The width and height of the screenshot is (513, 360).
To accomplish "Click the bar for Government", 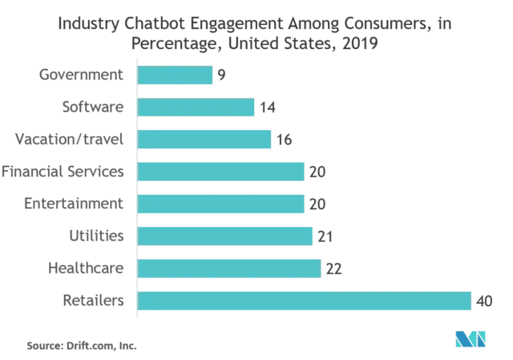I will coord(175,75).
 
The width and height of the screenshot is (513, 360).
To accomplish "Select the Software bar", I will coord(196,107).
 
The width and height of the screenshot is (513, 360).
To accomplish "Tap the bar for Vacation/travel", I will coord(204,140).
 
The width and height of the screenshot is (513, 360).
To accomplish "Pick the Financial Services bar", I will coord(220,172).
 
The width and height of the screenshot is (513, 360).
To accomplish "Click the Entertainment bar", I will coord(220,204).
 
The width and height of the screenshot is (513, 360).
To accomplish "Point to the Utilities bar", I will coord(224,236).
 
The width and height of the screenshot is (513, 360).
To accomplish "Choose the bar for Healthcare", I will coord(229,268).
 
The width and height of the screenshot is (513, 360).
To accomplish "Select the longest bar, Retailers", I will coord(304,300).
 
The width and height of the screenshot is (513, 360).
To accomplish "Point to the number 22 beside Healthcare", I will coord(333,269).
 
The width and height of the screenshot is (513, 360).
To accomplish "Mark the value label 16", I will coord(284,140).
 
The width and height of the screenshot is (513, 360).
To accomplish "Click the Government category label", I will coord(81,75).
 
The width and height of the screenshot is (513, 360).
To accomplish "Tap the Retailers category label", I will coord(94,301).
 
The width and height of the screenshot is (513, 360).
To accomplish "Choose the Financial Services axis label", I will coord(63,172).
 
